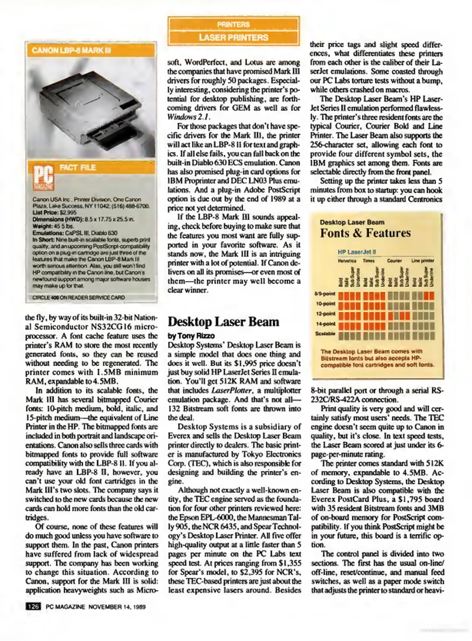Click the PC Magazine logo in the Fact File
pyautogui.click(x=43, y=177)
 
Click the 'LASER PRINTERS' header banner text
pyautogui.click(x=233, y=38)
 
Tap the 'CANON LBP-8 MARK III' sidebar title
pyautogui.click(x=71, y=50)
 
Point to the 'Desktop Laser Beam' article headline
pyautogui.click(x=224, y=322)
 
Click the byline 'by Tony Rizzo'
pyautogui.click(x=191, y=336)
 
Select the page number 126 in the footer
pyautogui.click(x=33, y=607)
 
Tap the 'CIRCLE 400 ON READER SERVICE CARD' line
pyautogui.click(x=78, y=297)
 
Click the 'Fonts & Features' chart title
pyautogui.click(x=365, y=233)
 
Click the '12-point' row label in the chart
pyautogui.click(x=325, y=314)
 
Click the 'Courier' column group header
pyautogui.click(x=394, y=261)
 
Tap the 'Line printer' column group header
pyautogui.click(x=422, y=261)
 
